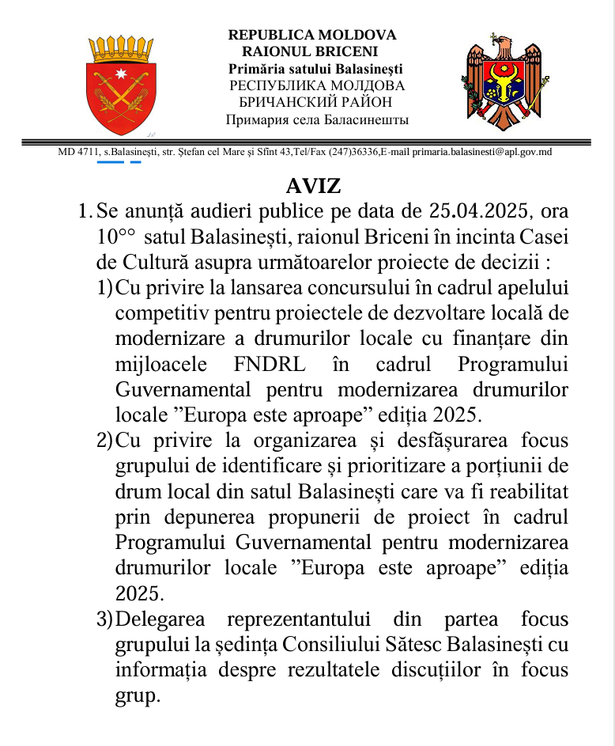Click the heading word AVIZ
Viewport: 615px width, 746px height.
click(x=313, y=187)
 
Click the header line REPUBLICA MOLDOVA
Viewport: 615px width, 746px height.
click(x=312, y=36)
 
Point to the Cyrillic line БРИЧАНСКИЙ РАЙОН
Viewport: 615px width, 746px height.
click(x=315, y=102)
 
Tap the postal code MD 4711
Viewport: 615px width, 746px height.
click(x=77, y=152)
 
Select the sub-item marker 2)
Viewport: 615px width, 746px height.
click(x=104, y=441)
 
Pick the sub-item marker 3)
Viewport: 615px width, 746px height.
click(x=104, y=619)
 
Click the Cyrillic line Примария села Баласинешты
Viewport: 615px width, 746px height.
click(x=317, y=120)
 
